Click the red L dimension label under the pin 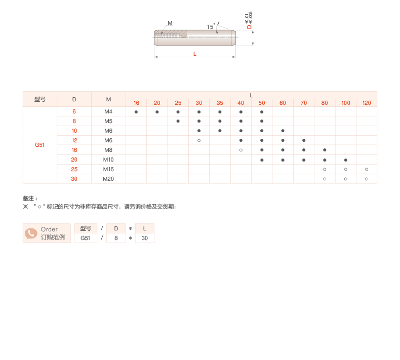[x=195, y=54]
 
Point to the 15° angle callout [x=211, y=27]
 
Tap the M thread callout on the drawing [x=170, y=23]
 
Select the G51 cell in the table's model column [x=39, y=145]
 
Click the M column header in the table [x=108, y=99]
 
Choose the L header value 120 [x=367, y=103]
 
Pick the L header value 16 [x=136, y=103]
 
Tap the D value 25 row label [x=74, y=169]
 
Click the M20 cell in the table [x=108, y=179]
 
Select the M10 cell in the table [x=108, y=159]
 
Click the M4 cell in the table [x=108, y=111]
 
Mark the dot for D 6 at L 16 [x=136, y=111]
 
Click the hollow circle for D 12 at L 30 [x=199, y=140]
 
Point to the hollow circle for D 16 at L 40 [x=241, y=150]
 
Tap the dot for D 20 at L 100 [x=345, y=159]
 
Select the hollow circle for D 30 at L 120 [x=367, y=179]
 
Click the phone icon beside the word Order [x=31, y=233]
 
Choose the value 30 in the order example [x=145, y=238]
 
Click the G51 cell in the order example [x=86, y=238]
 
